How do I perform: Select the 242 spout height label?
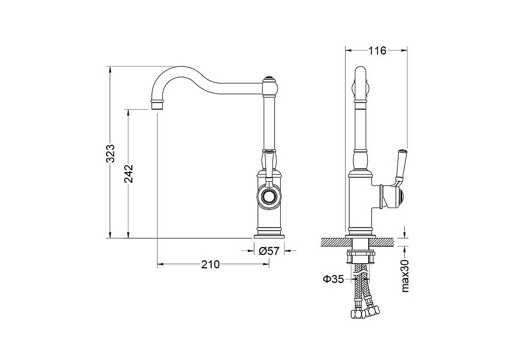point(128,174)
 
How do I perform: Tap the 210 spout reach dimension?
point(210,264)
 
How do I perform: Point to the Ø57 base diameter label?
point(269,251)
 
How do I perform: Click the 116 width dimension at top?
point(376,50)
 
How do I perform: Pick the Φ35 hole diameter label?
point(333,279)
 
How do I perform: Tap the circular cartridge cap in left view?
point(269,198)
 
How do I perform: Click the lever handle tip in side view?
point(402,153)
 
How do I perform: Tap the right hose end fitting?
point(373,311)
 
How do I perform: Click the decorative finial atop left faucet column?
point(269,79)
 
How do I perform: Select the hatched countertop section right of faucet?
point(383,242)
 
